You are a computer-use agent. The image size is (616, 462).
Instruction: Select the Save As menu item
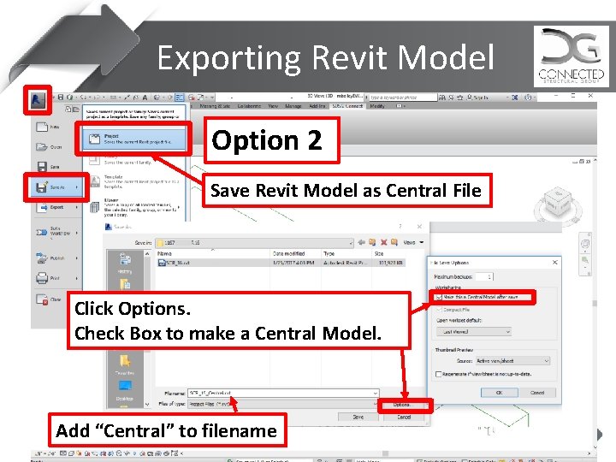[52, 186]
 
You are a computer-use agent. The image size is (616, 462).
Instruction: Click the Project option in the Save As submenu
[126, 139]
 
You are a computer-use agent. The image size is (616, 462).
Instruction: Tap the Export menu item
[52, 207]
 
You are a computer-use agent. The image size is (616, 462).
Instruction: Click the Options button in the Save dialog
[401, 405]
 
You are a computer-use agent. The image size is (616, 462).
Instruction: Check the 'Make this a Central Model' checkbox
[440, 297]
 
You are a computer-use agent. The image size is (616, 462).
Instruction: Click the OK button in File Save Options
[498, 393]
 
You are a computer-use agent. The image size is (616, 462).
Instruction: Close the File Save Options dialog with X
[555, 263]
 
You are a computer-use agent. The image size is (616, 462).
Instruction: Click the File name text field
[282, 393]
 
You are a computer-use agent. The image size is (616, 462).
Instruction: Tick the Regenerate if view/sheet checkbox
[439, 374]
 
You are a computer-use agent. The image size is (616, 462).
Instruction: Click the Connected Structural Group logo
[571, 56]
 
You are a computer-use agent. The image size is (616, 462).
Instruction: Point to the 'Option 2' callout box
[272, 140]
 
